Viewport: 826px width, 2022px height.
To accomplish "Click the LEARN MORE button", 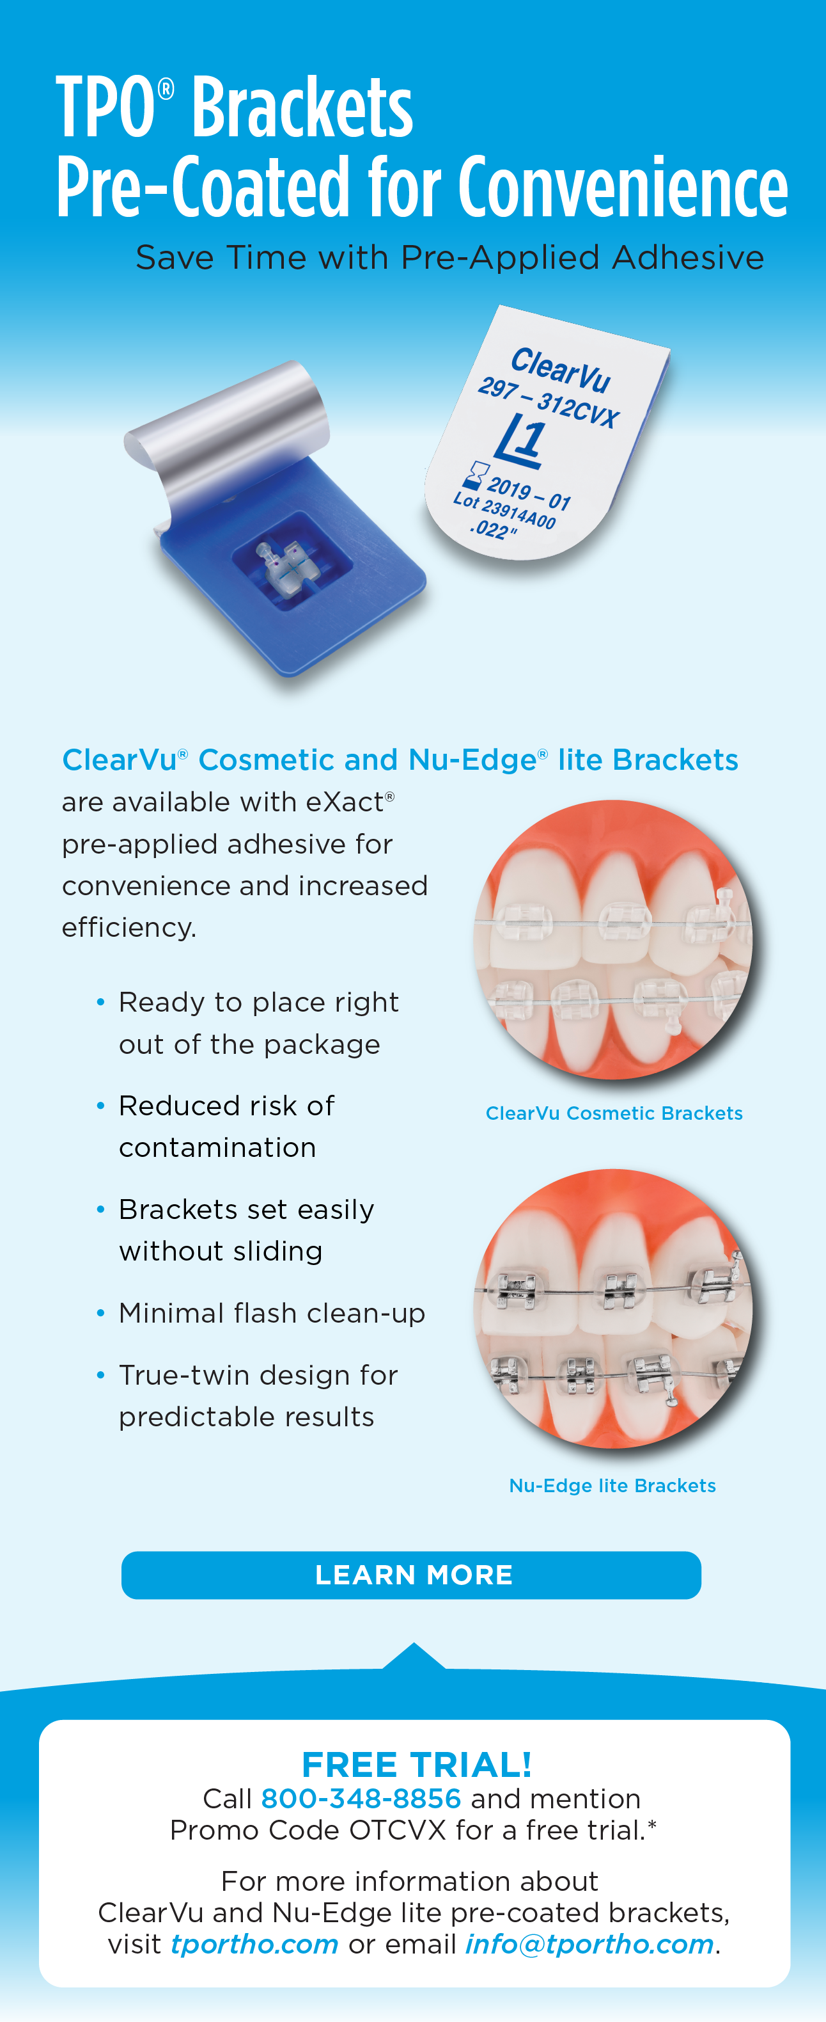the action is (x=411, y=1575).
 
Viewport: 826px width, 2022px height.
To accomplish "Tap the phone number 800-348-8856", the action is (x=361, y=1798).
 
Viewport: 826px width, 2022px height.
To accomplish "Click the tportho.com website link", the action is (x=254, y=1945).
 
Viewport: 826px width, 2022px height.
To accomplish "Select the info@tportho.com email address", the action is (x=589, y=1945).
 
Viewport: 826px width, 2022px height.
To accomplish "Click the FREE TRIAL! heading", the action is (x=417, y=1765).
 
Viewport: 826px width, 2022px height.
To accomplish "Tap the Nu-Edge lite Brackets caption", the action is (x=612, y=1485).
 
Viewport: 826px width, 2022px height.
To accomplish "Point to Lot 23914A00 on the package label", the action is (x=504, y=509).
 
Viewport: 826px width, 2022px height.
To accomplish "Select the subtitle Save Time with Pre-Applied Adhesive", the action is (x=449, y=257).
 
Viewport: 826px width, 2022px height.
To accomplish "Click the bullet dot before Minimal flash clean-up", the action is (x=100, y=1312).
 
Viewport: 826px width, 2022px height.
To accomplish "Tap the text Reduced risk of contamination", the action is (x=227, y=1126).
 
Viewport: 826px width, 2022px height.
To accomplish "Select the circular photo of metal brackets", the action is (x=612, y=1309).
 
